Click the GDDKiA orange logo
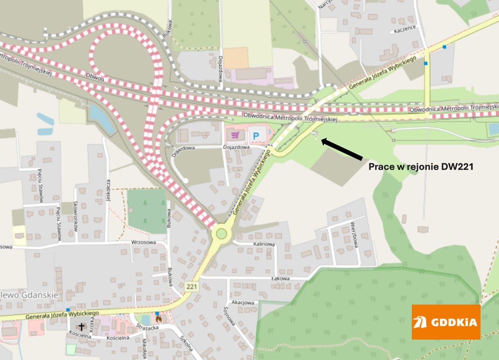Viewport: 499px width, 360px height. click(446, 322)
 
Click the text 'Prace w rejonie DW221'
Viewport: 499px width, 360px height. click(420, 167)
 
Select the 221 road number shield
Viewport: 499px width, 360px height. click(192, 287)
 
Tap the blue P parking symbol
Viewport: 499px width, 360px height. click(256, 136)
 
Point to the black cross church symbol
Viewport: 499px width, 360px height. click(82, 327)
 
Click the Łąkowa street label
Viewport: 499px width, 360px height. click(280, 278)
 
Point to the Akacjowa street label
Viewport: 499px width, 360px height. click(243, 303)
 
